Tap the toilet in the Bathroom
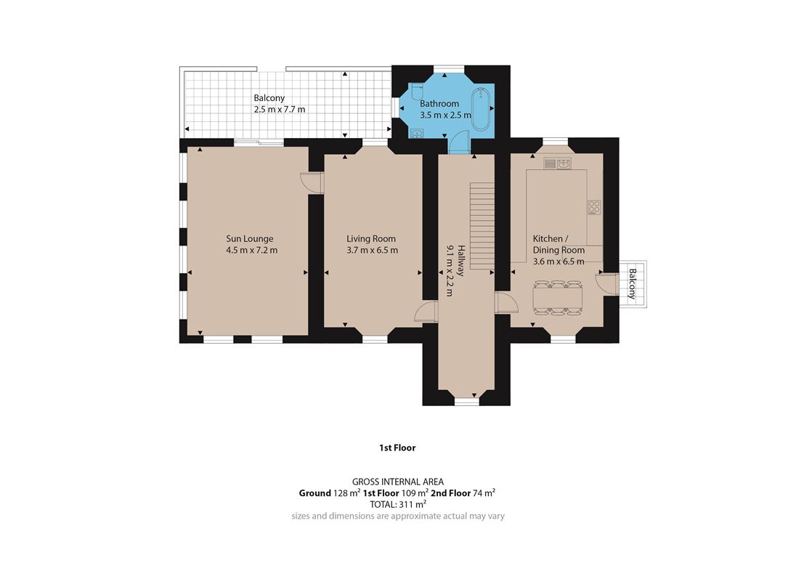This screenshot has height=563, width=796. pyautogui.click(x=417, y=92)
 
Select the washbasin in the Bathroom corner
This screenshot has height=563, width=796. pyautogui.click(x=418, y=134)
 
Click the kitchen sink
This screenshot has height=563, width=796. pyautogui.click(x=557, y=163)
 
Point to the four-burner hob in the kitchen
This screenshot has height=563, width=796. pyautogui.click(x=594, y=206)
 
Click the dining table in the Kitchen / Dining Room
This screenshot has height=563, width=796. pyautogui.click(x=557, y=298)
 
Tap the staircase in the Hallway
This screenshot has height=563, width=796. pyautogui.click(x=482, y=225)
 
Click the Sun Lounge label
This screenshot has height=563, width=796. pyautogui.click(x=250, y=238)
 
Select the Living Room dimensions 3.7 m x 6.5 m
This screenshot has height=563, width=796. pyautogui.click(x=372, y=250)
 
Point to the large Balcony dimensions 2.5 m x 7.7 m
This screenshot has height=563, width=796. pyautogui.click(x=280, y=109)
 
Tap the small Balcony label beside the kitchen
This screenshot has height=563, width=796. pyautogui.click(x=632, y=283)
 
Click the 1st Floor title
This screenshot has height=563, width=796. pyautogui.click(x=397, y=447)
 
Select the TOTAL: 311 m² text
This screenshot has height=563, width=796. pyautogui.click(x=398, y=504)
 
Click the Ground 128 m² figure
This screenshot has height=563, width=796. pyautogui.click(x=330, y=493)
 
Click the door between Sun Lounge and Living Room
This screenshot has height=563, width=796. pyautogui.click(x=312, y=183)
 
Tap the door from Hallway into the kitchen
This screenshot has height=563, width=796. pyautogui.click(x=506, y=303)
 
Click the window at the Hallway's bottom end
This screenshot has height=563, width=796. pyautogui.click(x=466, y=402)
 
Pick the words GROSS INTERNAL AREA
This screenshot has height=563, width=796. pyautogui.click(x=398, y=482)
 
